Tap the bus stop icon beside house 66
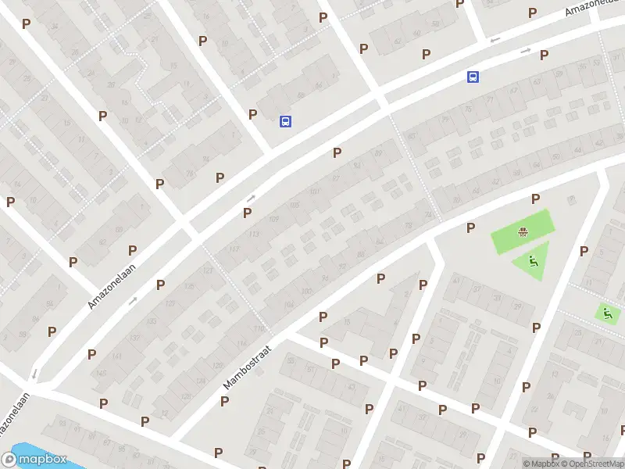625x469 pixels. coord(286,121)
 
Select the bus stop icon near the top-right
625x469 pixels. coord(473,77)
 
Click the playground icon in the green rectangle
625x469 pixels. coord(521,231)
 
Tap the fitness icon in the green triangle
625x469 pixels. coord(534,261)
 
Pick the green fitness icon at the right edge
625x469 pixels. coord(606,313)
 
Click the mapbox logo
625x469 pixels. coord(34,460)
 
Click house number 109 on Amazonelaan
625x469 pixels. coord(273,219)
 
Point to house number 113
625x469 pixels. coord(253,234)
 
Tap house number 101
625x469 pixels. coord(314,192)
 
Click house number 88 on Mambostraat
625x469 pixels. coord(360,254)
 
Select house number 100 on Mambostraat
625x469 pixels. coord(306,292)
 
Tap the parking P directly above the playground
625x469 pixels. coord(536,199)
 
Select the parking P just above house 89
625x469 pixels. coord(337,152)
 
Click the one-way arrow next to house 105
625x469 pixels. coord(251,199)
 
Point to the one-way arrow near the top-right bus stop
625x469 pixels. coord(526,51)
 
